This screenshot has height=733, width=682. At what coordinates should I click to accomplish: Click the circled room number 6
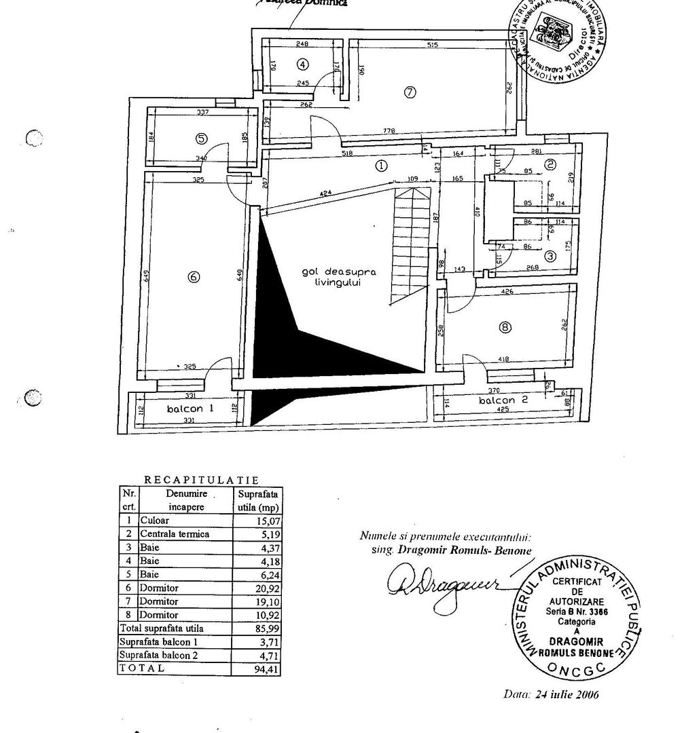point(194,276)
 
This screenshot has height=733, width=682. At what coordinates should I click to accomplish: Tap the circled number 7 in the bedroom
point(409,93)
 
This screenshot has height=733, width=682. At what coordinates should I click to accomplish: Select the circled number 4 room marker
point(303,64)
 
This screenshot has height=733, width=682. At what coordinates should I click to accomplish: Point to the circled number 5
point(201,138)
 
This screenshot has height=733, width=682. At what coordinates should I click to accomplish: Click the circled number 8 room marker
point(504,327)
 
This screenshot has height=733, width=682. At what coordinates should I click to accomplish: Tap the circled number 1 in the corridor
point(382,165)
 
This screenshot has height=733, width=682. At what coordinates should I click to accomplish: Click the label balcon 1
point(191,409)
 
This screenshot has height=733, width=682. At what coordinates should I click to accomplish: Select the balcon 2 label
point(503,400)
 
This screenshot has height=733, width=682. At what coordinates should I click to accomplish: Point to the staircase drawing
point(410,244)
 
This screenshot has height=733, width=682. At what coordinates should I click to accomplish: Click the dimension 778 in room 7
point(389,131)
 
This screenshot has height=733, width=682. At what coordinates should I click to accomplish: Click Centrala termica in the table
point(175,534)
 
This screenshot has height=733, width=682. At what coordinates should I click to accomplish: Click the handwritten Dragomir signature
point(442,582)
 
